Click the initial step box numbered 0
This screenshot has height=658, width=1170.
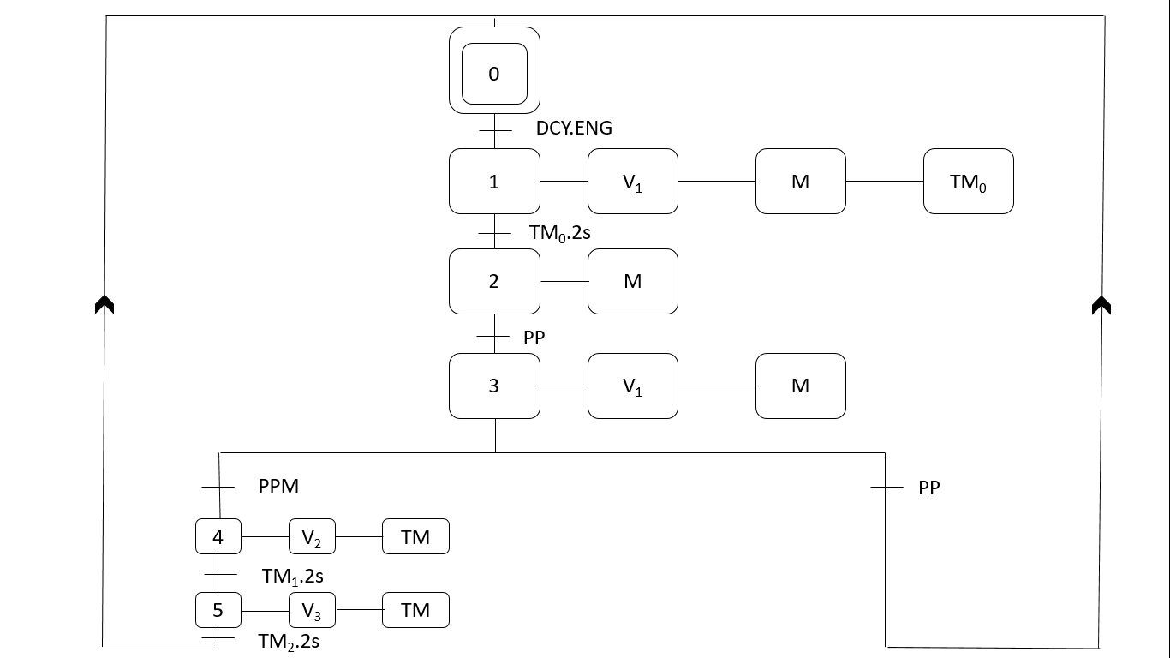coord(494,74)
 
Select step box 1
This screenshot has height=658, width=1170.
coord(494,182)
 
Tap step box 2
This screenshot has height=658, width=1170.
coord(494,282)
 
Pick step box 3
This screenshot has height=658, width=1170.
coord(494,386)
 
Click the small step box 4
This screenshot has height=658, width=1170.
coord(218,537)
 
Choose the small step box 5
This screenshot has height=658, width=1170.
coord(218,610)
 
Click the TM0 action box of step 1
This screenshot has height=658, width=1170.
coord(968,182)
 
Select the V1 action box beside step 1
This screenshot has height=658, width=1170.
coord(632,182)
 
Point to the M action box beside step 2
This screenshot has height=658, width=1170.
coord(632,282)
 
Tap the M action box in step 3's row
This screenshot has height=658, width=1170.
coord(800,386)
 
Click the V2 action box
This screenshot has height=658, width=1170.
coord(312,537)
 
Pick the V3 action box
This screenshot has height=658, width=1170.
coord(312,610)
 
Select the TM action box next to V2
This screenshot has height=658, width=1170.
coord(415,537)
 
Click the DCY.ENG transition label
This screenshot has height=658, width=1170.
coord(574,129)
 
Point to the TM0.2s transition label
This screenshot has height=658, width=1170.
coord(559,232)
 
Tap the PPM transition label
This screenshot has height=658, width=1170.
coord(278,487)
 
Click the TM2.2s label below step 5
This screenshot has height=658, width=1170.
coord(289,641)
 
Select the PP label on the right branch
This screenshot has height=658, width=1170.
coord(928,488)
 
